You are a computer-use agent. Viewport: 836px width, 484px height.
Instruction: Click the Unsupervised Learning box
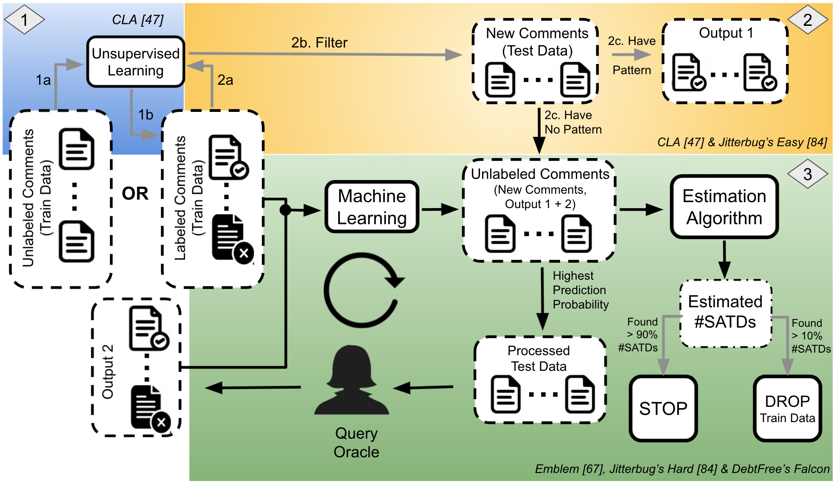tap(136, 62)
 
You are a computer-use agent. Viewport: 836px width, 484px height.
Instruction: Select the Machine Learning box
tap(372, 207)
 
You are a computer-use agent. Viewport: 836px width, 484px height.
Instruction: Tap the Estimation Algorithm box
tap(724, 207)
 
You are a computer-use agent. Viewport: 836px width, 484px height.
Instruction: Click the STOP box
tap(663, 409)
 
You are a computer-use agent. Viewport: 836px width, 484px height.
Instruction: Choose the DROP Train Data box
tap(787, 409)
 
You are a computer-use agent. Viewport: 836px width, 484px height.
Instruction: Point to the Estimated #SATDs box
tap(725, 312)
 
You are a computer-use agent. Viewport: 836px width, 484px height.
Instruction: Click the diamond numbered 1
tap(24, 20)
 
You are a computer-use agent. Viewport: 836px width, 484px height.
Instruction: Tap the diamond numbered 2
tap(808, 20)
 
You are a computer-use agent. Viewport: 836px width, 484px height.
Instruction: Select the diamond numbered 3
tap(808, 174)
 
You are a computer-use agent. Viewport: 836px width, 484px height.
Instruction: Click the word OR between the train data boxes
tap(135, 194)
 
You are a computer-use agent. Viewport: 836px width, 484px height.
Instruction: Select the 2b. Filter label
tap(319, 43)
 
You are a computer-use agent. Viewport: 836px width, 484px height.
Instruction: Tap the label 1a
tap(43, 80)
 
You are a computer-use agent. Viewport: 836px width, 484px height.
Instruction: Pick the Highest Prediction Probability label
tap(580, 290)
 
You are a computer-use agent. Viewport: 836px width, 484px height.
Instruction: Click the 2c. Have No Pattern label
tap(572, 122)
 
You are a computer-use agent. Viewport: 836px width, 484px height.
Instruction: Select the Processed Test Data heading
tap(539, 359)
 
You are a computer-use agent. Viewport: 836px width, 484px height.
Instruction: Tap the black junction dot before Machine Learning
tap(285, 209)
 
